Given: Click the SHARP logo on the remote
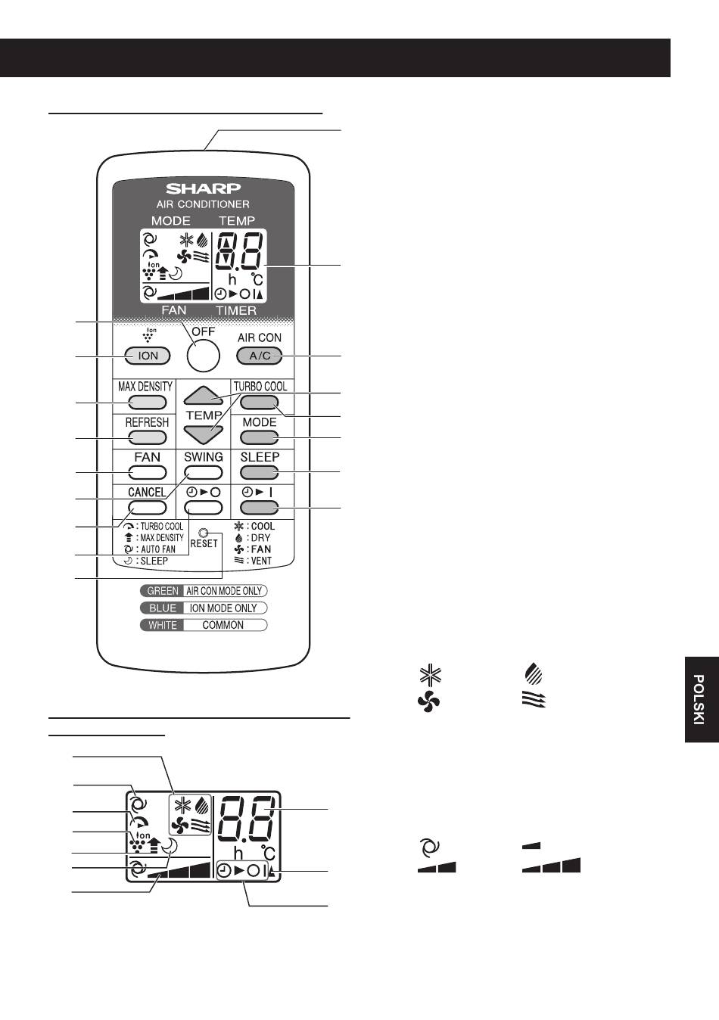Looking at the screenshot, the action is (203, 188).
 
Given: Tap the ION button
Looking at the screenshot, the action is (148, 356).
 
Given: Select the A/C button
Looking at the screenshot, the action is (260, 356).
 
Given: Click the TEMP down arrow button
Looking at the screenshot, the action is (204, 434).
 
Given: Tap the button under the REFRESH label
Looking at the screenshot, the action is (148, 437).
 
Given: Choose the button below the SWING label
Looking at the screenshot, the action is (204, 473).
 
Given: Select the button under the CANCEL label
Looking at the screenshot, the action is (148, 508).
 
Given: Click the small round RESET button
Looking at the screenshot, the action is (204, 532).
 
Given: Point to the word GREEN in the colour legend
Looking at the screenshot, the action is (163, 591).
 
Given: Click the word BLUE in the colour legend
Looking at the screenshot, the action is (163, 608).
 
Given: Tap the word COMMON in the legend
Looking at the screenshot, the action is (223, 625).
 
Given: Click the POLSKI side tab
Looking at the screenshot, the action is (702, 699).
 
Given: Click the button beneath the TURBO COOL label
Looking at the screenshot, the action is (260, 403).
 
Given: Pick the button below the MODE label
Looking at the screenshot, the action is (260, 437).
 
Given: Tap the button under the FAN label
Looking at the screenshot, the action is (148, 473).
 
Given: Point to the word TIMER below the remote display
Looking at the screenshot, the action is (236, 310).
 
